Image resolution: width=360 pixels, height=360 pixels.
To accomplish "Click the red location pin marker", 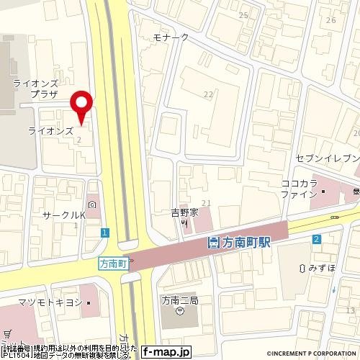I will [x=84, y=105].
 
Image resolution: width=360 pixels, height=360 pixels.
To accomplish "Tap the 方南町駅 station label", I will [x=245, y=243].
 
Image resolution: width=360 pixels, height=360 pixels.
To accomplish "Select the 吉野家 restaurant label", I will [x=184, y=212].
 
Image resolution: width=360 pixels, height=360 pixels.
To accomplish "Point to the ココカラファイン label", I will [x=300, y=189].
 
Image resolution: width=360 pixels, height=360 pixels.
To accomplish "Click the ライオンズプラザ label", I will [x=30, y=89].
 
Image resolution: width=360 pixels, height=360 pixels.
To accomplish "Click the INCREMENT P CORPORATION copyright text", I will [x=311, y=354].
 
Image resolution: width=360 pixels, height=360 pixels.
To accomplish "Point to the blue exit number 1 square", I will [x=105, y=232].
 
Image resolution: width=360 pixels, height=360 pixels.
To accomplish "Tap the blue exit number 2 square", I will [x=316, y=239].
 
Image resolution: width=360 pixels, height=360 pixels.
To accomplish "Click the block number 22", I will [x=209, y=94].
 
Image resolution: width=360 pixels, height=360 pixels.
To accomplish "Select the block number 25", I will [x=243, y=14].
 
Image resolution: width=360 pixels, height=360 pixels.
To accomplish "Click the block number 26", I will [x=330, y=19].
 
